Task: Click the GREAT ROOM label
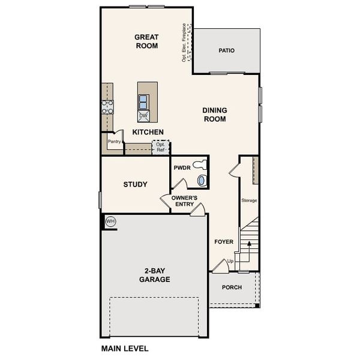tap(146, 41)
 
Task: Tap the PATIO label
tap(226, 50)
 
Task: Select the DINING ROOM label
tap(214, 115)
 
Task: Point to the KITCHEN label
tap(148, 132)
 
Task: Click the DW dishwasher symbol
tap(143, 116)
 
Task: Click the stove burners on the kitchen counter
tap(107, 107)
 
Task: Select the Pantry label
tap(114, 142)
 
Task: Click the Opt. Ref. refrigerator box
tap(160, 147)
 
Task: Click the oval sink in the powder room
tap(202, 179)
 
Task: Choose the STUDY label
tap(135, 184)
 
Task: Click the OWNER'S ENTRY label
tap(184, 201)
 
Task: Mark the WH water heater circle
tap(110, 221)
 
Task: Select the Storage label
tap(249, 200)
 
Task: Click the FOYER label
tap(224, 242)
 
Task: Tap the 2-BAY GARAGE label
tap(155, 275)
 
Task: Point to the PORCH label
tap(232, 287)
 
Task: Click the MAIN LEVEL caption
tap(124, 348)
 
